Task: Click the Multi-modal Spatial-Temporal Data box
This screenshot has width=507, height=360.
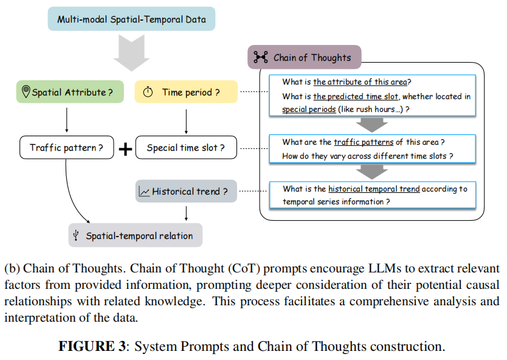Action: (x=131, y=19)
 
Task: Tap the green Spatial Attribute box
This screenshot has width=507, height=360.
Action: (x=70, y=92)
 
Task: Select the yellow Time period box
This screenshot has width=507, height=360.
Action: (x=186, y=92)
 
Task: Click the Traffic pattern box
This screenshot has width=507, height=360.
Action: (x=67, y=148)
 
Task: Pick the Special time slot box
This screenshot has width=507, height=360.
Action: (x=186, y=148)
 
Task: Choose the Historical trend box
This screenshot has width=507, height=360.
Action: (x=186, y=191)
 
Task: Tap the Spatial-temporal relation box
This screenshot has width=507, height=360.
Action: (x=135, y=235)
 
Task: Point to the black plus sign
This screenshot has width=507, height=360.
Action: (x=125, y=149)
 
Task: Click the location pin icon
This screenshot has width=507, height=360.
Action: (x=26, y=91)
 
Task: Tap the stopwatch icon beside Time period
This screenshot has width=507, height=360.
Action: (x=148, y=92)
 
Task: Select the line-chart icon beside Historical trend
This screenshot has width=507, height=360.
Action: (x=144, y=191)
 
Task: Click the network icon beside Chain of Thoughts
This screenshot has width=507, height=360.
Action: (x=261, y=57)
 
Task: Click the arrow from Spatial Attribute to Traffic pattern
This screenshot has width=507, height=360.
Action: (x=67, y=120)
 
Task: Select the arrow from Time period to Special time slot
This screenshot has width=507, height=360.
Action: (x=186, y=122)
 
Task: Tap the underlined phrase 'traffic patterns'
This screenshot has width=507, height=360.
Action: (x=364, y=142)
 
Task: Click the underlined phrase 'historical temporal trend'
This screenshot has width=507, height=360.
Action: (x=374, y=189)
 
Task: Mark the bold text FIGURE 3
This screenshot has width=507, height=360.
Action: (x=92, y=346)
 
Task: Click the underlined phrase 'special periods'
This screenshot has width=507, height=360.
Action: (x=309, y=109)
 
